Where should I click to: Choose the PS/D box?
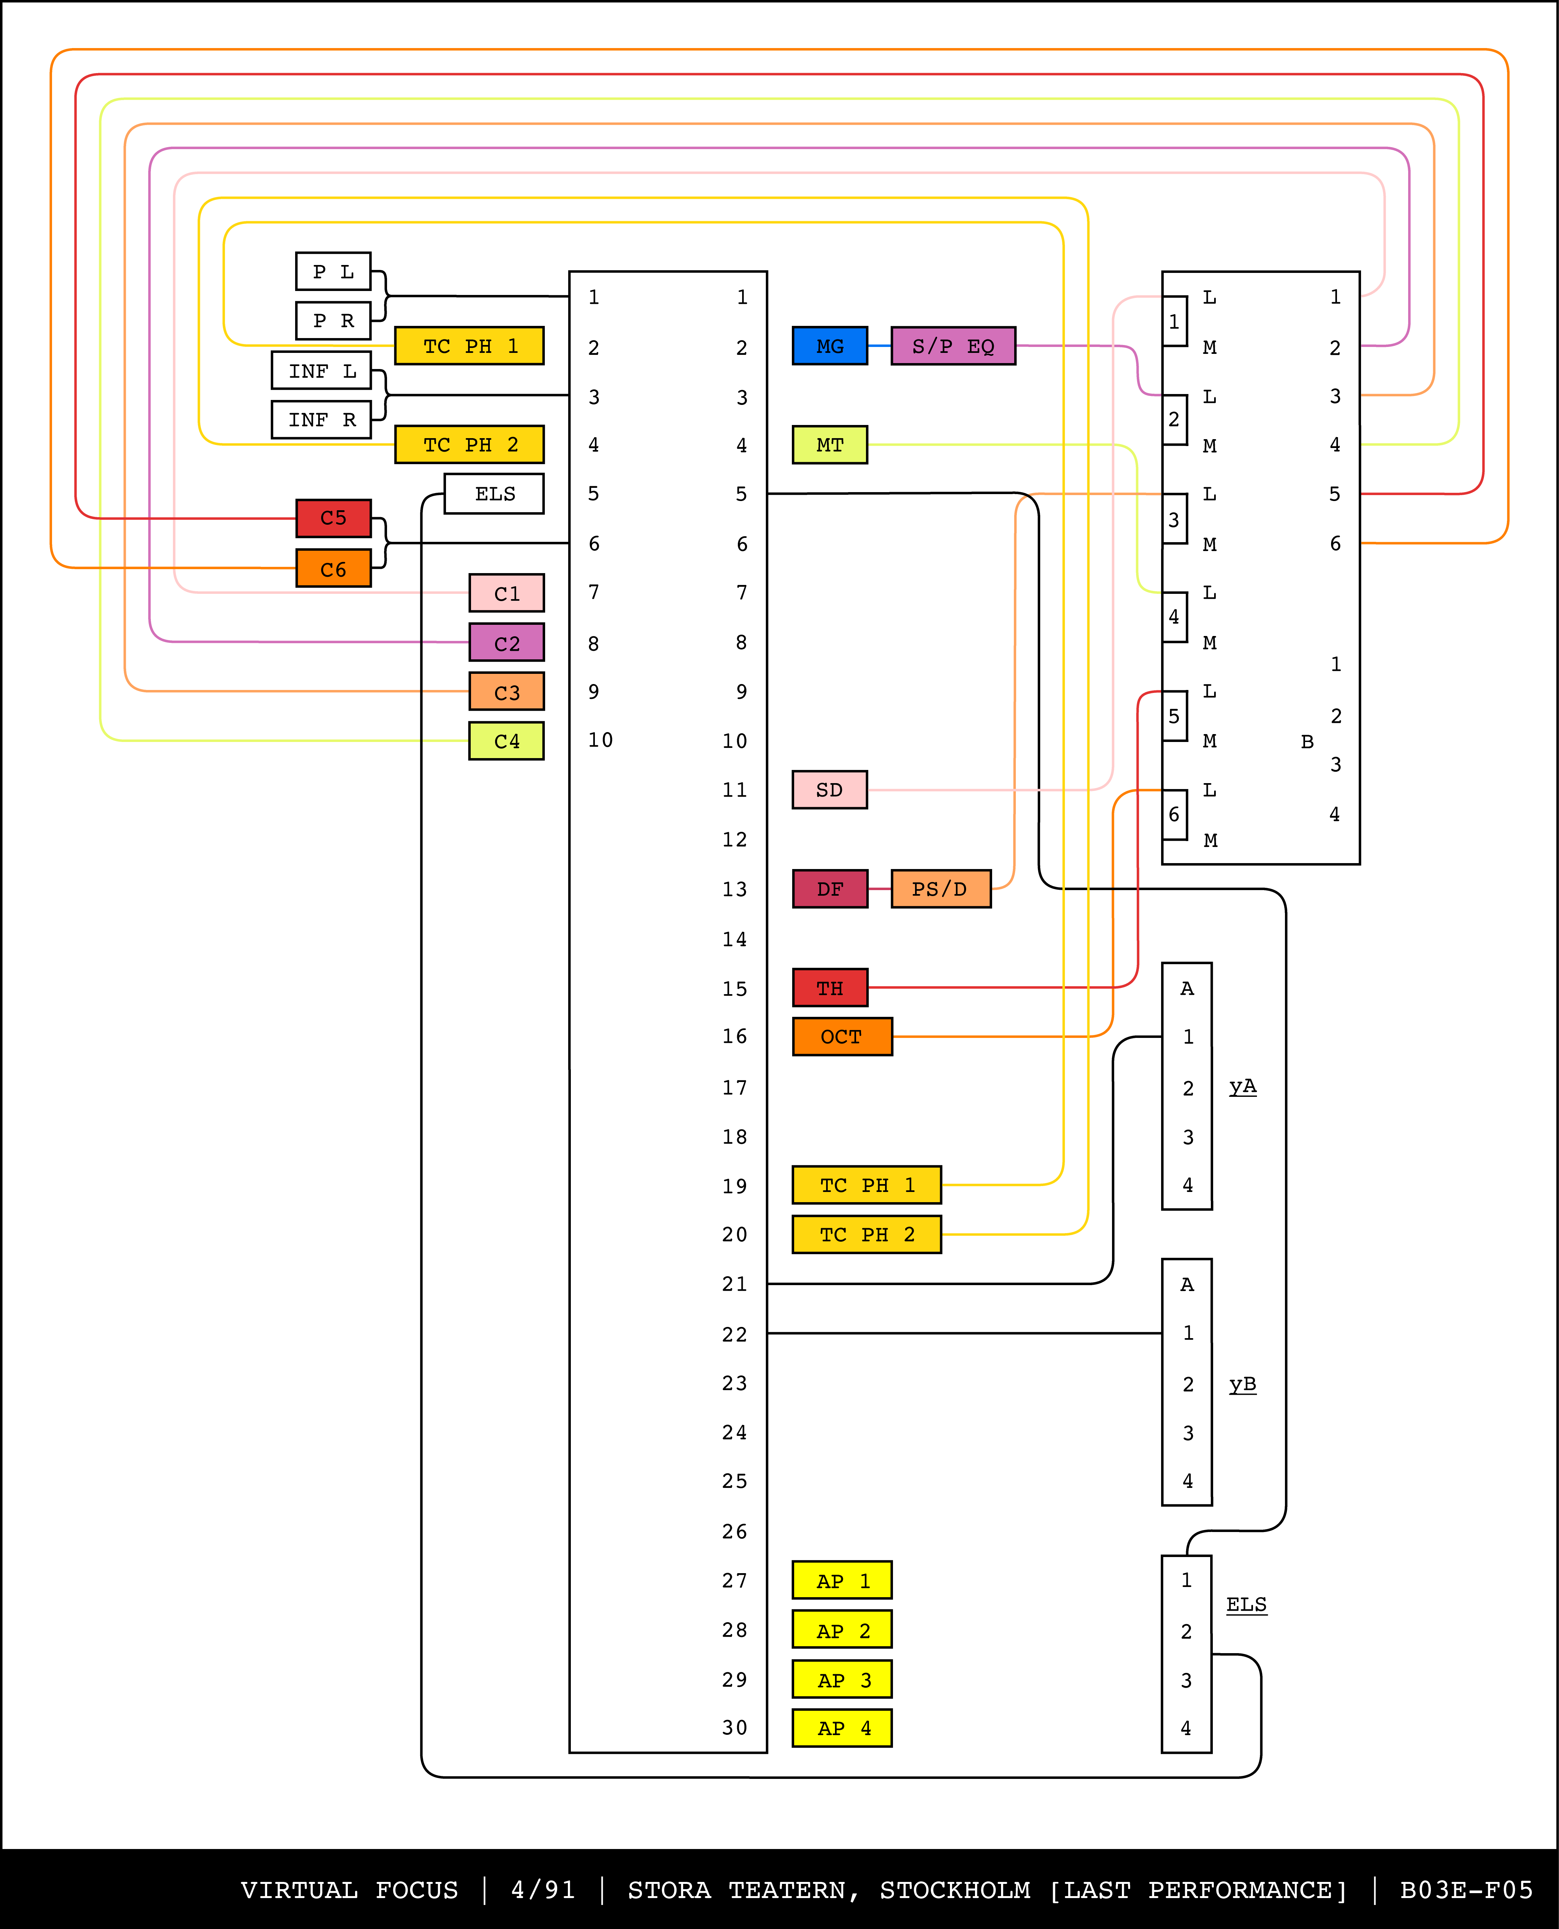pos(940,889)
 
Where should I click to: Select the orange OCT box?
pos(842,1037)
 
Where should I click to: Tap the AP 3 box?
pos(842,1679)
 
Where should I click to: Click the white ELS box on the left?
pos(494,494)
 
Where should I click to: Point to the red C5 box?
pos(333,518)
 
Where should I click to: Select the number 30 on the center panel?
pos(735,1728)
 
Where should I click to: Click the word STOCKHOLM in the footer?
pos(955,1889)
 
